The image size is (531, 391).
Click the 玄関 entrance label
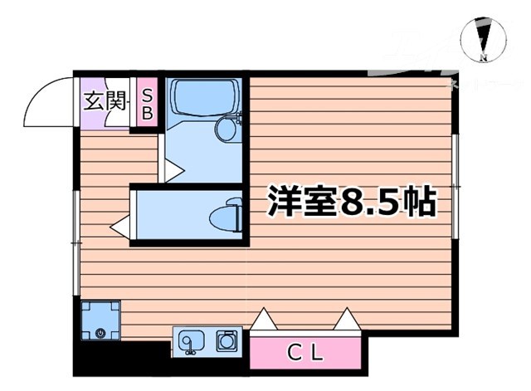click(105, 101)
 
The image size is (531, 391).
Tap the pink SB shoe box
click(146, 102)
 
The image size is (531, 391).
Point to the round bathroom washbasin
click(225, 129)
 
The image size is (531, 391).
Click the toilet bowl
click(225, 218)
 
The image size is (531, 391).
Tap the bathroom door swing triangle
click(173, 170)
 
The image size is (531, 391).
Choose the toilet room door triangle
click(119, 225)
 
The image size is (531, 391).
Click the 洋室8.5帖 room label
click(351, 203)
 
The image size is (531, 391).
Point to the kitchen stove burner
click(227, 340)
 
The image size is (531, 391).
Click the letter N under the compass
click(485, 58)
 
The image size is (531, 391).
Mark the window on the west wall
click(77, 241)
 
